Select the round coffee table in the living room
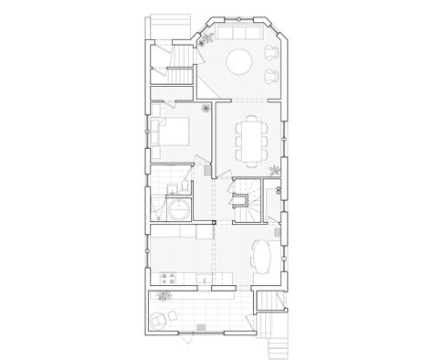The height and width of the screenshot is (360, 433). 240,62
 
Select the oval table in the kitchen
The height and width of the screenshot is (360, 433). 261,257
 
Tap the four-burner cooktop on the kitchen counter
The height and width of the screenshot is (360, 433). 168,278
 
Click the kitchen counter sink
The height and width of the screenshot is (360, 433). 199,278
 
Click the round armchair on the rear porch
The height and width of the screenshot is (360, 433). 161,321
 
